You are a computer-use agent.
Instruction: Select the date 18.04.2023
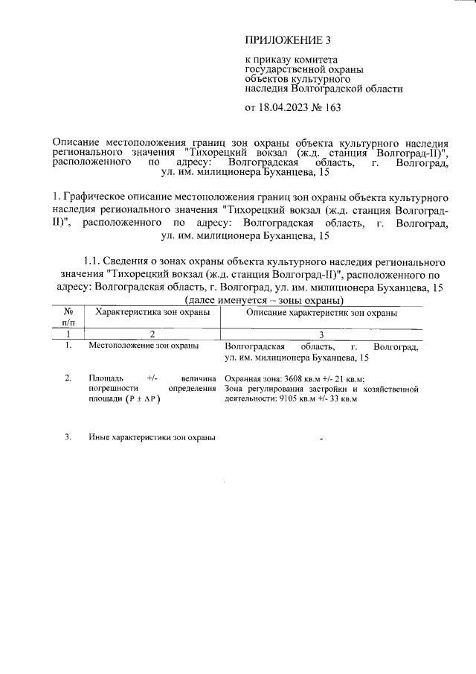pyautogui.click(x=286, y=108)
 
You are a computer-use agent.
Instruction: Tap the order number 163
pyautogui.click(x=332, y=108)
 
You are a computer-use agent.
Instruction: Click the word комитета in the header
pyautogui.click(x=312, y=60)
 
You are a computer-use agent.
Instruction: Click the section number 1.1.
pyautogui.click(x=94, y=261)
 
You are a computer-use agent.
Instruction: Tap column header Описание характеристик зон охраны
pyautogui.click(x=321, y=314)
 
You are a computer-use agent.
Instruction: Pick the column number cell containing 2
pyautogui.click(x=152, y=334)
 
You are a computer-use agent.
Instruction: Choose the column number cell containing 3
pyautogui.click(x=321, y=334)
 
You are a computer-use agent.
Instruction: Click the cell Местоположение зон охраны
pyautogui.click(x=143, y=346)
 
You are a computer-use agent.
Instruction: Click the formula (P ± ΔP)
pyautogui.click(x=144, y=399)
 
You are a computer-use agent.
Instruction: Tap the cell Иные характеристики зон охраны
pyautogui.click(x=152, y=437)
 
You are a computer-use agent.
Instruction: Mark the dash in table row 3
pyautogui.click(x=321, y=439)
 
